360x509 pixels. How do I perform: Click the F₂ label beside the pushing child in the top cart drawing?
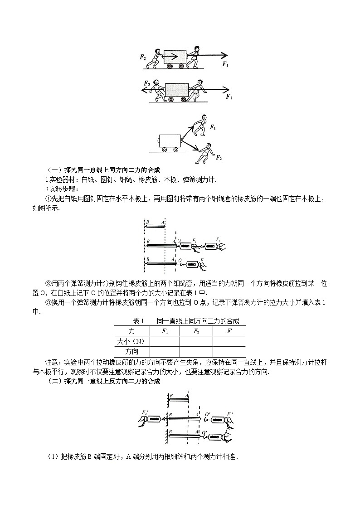click(x=143, y=58)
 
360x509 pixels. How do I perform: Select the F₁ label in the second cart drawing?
click(x=229, y=97)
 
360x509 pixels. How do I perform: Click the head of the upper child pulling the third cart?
click(x=204, y=119)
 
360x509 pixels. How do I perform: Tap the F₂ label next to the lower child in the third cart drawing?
click(x=219, y=157)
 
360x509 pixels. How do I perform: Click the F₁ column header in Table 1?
click(x=164, y=332)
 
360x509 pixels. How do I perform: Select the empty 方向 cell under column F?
click(x=229, y=351)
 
